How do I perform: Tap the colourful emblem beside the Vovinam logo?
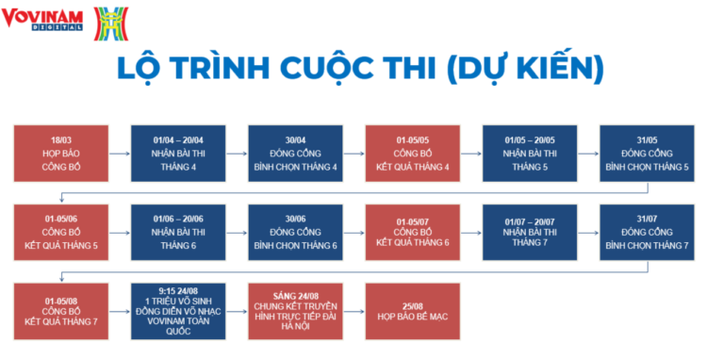[111, 23]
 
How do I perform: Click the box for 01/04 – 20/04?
[177, 153]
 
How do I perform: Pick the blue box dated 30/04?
[295, 153]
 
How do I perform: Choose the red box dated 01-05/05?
[413, 153]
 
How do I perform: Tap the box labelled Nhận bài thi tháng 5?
[530, 153]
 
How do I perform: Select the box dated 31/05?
[647, 153]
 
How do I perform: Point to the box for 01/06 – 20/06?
[177, 232]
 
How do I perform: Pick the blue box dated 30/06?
[295, 232]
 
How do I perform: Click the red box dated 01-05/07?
[413, 232]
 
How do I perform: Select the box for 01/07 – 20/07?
[530, 232]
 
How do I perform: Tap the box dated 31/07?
[647, 232]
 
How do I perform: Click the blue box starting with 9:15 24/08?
[177, 311]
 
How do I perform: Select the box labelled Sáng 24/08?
[295, 311]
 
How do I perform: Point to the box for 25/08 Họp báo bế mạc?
[413, 311]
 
